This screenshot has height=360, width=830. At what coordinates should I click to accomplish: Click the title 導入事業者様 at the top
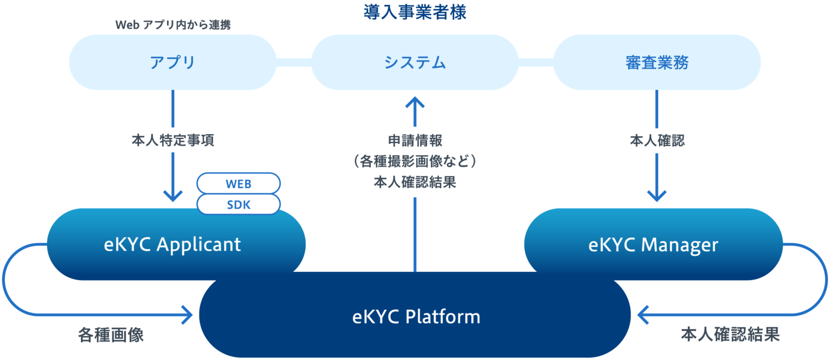pos(414,12)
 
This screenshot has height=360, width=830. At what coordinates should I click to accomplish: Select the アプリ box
pos(172,62)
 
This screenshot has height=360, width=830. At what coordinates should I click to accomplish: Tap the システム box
pos(414,62)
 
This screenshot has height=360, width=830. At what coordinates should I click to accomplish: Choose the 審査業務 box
pos(657,62)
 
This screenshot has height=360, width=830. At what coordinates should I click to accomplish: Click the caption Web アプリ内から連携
pos(173,25)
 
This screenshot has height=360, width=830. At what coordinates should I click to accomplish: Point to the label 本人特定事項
pos(172,141)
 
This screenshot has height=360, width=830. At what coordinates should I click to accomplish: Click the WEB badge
pos(238,184)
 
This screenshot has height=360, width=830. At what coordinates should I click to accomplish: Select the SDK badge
pos(238,205)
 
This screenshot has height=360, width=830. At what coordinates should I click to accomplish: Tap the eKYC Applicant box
pos(172,245)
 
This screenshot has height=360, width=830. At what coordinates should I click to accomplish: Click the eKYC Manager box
pos(653,245)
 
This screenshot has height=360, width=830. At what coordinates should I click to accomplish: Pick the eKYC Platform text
pos(416,316)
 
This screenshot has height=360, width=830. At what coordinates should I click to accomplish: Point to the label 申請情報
pos(414,141)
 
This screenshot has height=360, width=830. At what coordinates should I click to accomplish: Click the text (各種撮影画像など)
pos(414,162)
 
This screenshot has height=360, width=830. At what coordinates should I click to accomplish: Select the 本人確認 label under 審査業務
pos(657,141)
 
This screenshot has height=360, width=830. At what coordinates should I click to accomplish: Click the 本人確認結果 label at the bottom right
pos(730,334)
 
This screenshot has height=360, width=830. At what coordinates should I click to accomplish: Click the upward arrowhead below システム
pos(414,102)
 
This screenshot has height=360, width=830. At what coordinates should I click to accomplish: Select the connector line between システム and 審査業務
pos(536,62)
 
